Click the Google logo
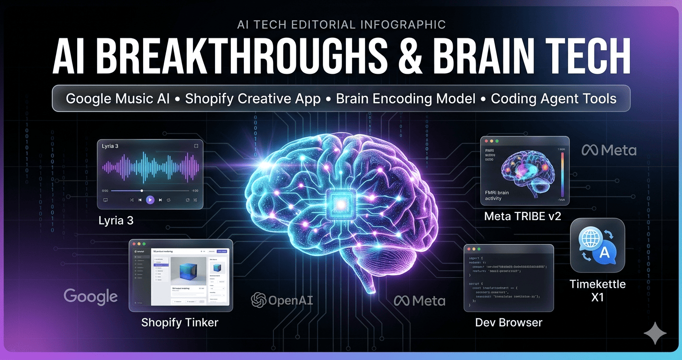pos(91,296)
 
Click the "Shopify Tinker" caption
pos(180,323)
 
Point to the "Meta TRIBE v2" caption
pos(522,216)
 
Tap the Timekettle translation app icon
pos(597,246)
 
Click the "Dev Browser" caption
pos(509,322)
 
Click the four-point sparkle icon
pos(655,333)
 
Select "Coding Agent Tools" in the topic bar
pos(553,99)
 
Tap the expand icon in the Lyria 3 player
pos(195,146)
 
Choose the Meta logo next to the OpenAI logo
pos(420,301)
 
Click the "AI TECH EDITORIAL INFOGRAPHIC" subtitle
pos(341,24)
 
